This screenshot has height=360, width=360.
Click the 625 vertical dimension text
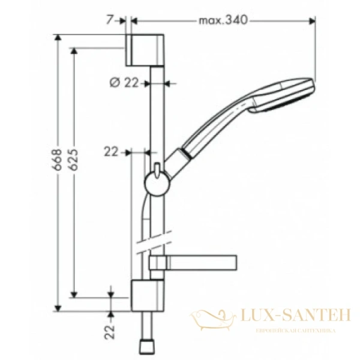coord(74,161)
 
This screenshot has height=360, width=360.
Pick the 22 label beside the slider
coord(111,152)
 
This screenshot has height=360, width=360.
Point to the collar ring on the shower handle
coord(190,155)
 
